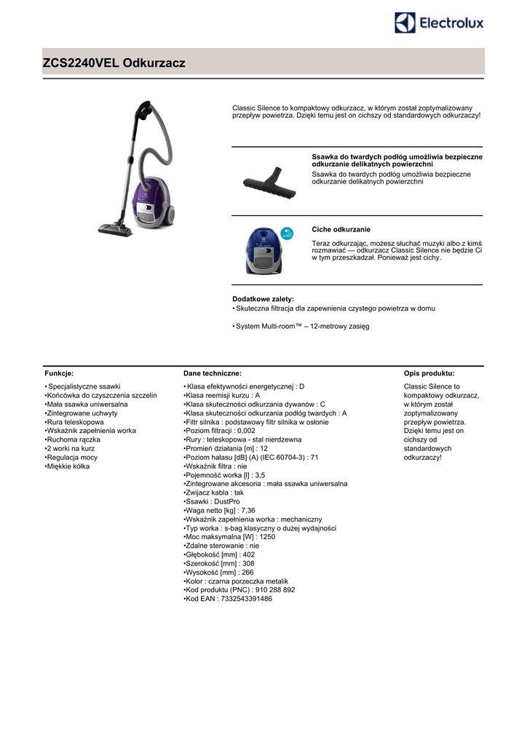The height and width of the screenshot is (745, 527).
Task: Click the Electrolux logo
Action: pos(439,23)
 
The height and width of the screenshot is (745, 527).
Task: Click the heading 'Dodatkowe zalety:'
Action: pos(263,299)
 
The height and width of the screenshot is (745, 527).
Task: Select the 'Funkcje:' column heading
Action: pos(59,372)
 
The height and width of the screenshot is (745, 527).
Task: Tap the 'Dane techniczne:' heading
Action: pos(213,372)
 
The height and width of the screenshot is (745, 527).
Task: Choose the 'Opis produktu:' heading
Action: pos(429,372)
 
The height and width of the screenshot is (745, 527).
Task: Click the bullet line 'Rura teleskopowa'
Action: pos(75,422)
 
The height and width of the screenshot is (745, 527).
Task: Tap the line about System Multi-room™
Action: pos(301,326)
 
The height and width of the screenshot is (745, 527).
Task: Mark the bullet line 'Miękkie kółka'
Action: pos(68,466)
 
